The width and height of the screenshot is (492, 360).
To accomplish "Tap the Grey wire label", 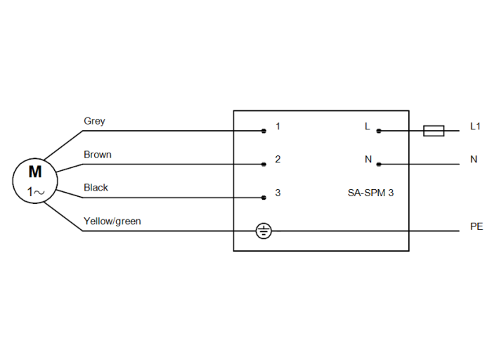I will [94, 121].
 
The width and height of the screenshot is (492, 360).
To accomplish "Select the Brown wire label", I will [98, 155].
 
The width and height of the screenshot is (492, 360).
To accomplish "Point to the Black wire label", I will [96, 188].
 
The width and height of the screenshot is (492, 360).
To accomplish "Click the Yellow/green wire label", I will [112, 221].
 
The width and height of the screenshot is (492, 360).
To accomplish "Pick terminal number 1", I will [278, 127].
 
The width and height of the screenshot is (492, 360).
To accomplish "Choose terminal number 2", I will [278, 160].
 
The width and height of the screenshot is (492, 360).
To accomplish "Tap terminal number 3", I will [278, 193].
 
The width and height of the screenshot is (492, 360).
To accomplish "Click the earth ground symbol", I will [263, 231].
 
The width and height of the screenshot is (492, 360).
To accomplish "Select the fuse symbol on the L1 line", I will [434, 130].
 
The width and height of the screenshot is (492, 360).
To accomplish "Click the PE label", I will [476, 227].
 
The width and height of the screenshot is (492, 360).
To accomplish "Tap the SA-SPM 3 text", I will [370, 193].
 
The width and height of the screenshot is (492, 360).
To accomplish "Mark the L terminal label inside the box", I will [367, 127].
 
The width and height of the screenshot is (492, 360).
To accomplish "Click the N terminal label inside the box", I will [368, 160].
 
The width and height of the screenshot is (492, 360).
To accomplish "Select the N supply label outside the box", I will [474, 160].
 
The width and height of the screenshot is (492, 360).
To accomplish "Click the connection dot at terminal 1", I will [264, 131].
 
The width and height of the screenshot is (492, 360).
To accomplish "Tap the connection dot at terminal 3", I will [264, 198].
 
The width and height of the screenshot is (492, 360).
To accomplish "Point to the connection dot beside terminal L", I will [379, 131].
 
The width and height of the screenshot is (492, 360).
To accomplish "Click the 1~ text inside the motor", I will [35, 191].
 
